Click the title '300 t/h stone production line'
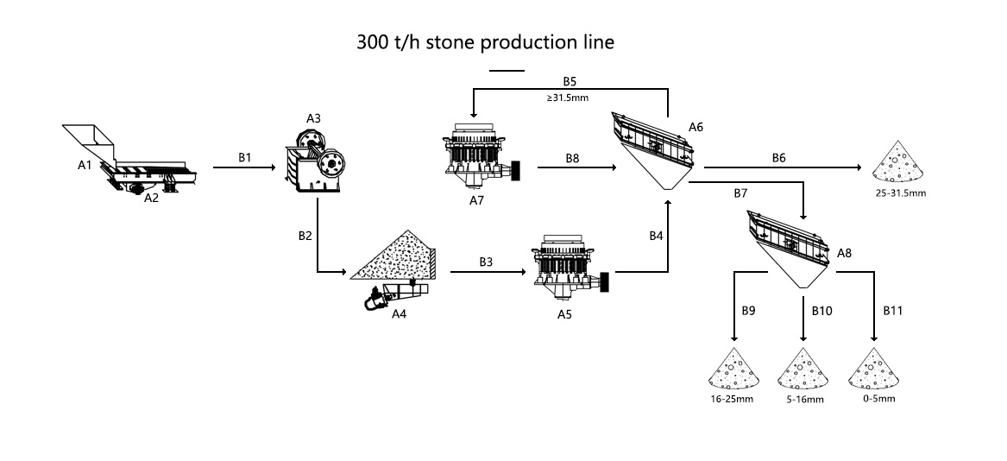tap(485, 42)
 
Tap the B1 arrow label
tap(245, 158)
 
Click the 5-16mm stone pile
tap(803, 371)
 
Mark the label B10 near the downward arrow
tap(821, 308)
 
